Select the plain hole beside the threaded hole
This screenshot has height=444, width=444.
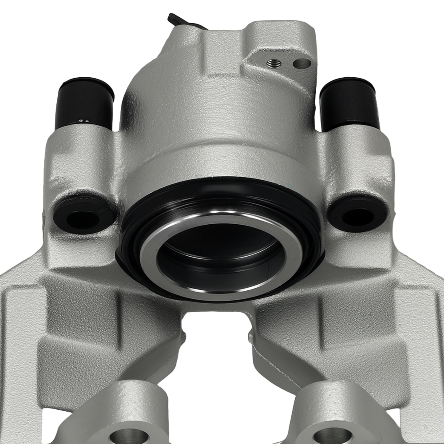click(302, 63)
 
